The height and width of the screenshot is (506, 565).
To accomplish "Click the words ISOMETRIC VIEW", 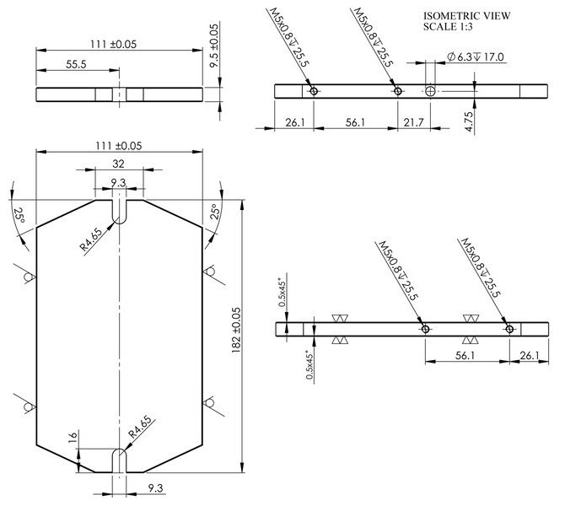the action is coord(466,16).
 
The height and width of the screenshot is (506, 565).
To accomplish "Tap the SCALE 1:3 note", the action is coord(448,27).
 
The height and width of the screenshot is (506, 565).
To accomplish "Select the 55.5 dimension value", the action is coord(76,64).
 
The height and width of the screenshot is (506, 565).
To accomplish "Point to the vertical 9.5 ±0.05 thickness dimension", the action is coord(214,46).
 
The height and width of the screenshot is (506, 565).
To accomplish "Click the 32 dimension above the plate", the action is coord(118,164).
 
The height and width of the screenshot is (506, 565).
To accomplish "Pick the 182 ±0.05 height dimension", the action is coord(236,330).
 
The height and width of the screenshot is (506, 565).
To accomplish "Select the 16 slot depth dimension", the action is coord(73,436).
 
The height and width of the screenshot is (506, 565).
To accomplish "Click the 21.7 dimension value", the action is coord(413,122).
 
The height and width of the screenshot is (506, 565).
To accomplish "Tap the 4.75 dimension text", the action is coord(468,121).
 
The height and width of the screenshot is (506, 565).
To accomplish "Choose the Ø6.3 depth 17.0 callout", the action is coord(476,57).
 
